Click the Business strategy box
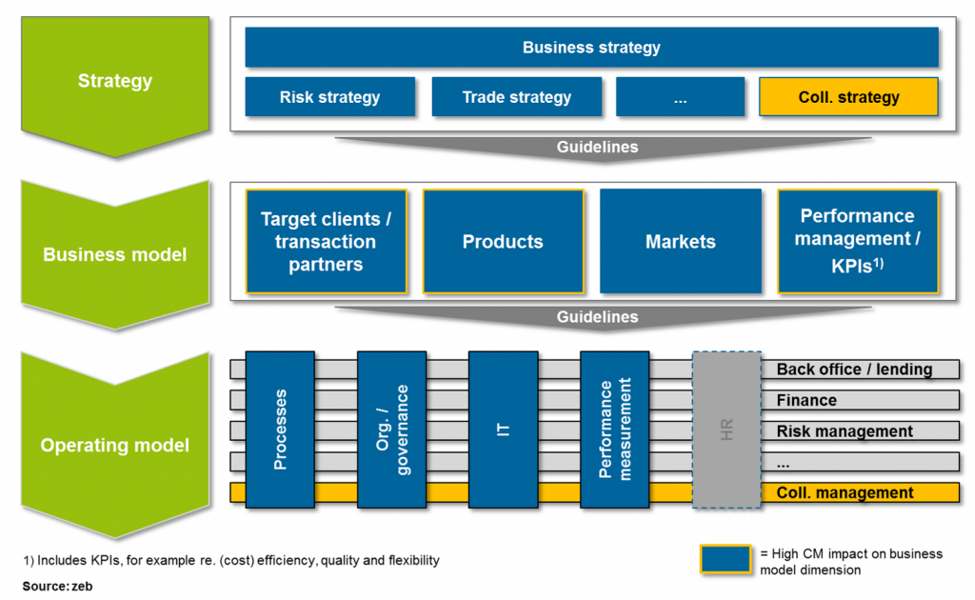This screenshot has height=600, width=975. point(591,48)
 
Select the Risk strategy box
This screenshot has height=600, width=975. point(329,97)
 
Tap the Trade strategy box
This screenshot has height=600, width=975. point(516,97)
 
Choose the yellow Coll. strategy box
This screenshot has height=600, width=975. point(848,97)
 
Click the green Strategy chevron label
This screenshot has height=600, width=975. point(115,81)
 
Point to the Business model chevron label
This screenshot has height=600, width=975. point(115,254)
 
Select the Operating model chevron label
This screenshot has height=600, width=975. point(115,445)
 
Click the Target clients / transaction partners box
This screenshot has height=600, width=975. point(326,242)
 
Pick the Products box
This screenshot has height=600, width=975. point(503,242)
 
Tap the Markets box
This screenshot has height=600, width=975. point(680,242)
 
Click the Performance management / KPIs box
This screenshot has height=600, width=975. point(857,242)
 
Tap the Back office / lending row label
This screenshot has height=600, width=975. point(854,370)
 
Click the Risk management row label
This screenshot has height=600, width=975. point(845,431)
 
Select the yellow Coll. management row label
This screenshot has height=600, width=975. point(845,493)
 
